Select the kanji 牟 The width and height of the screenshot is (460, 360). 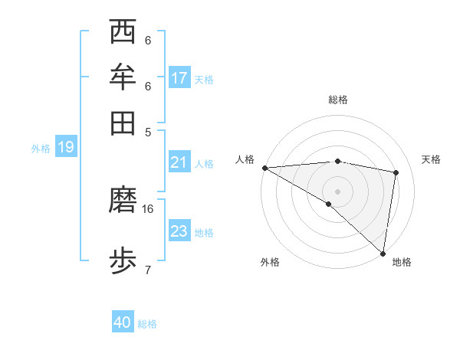coord(123,78)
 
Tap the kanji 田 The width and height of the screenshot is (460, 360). coord(123,122)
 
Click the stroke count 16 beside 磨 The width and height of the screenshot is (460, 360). coord(148,208)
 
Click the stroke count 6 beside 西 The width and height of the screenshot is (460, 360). coord(148,41)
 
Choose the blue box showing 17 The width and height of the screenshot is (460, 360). coord(179,78)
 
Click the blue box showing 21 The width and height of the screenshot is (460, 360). coord(179,162)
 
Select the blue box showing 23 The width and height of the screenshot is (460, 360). coord(179,231)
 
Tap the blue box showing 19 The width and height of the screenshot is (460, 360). coord(65,147)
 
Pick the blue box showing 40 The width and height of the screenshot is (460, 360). coord(123,322)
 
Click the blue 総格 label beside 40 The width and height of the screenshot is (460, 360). coord(148,324)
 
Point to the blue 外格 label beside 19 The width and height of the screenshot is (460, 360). coord(41,149)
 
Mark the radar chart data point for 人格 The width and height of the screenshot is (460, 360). coord(264,168)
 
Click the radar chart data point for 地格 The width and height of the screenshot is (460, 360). coord(383,253)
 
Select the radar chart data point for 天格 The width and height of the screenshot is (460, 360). coord(396,172)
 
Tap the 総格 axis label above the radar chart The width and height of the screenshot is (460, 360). coord(338,100)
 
